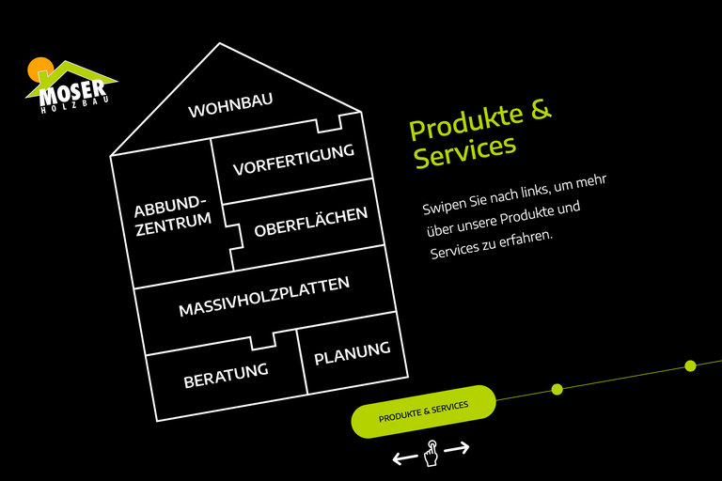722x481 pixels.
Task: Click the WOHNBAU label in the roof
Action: pos(230,106)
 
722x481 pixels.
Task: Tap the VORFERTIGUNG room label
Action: pos(293,160)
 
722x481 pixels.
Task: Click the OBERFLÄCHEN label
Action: pos(310,221)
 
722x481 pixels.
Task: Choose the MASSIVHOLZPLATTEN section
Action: pos(263,296)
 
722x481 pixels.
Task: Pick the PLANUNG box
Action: pos(352,353)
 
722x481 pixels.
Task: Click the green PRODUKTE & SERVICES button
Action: pos(423,411)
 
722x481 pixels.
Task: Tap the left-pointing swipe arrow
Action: pos(404,458)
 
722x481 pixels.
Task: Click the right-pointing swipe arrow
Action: pos(457,449)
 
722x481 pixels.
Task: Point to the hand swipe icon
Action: pos(431,453)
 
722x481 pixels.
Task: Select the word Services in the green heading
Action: pos(464,151)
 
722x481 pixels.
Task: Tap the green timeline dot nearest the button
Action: pos(557,389)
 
